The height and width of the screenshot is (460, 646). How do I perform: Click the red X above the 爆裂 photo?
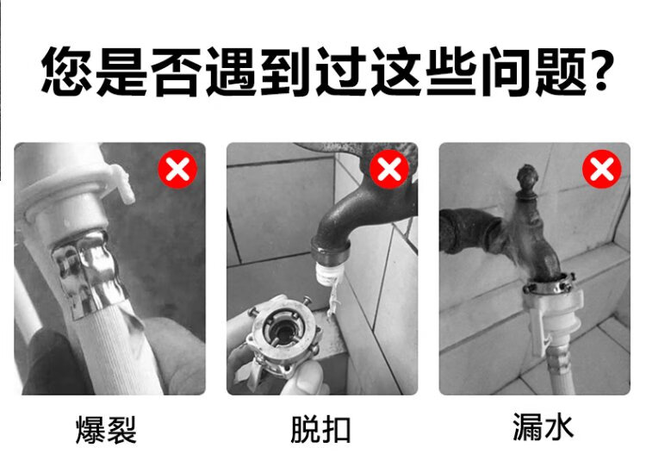pos(178,169)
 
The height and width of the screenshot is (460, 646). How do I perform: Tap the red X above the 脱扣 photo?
pos(389,169)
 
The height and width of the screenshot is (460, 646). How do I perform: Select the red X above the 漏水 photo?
pos(602,169)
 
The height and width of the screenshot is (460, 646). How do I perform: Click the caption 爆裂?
pos(106,430)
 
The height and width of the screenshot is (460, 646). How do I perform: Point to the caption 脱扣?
pos(320,430)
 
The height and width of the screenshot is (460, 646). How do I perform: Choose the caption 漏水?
pos(543,426)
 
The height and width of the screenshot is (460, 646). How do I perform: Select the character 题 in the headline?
pos(562,71)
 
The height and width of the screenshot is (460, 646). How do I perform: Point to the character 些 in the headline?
pos(452,71)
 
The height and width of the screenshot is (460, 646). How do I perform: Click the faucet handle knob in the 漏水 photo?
pos(527,182)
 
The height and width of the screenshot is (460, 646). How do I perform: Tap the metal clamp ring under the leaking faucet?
pos(550,283)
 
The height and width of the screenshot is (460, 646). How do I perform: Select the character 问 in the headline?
pos(506,71)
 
